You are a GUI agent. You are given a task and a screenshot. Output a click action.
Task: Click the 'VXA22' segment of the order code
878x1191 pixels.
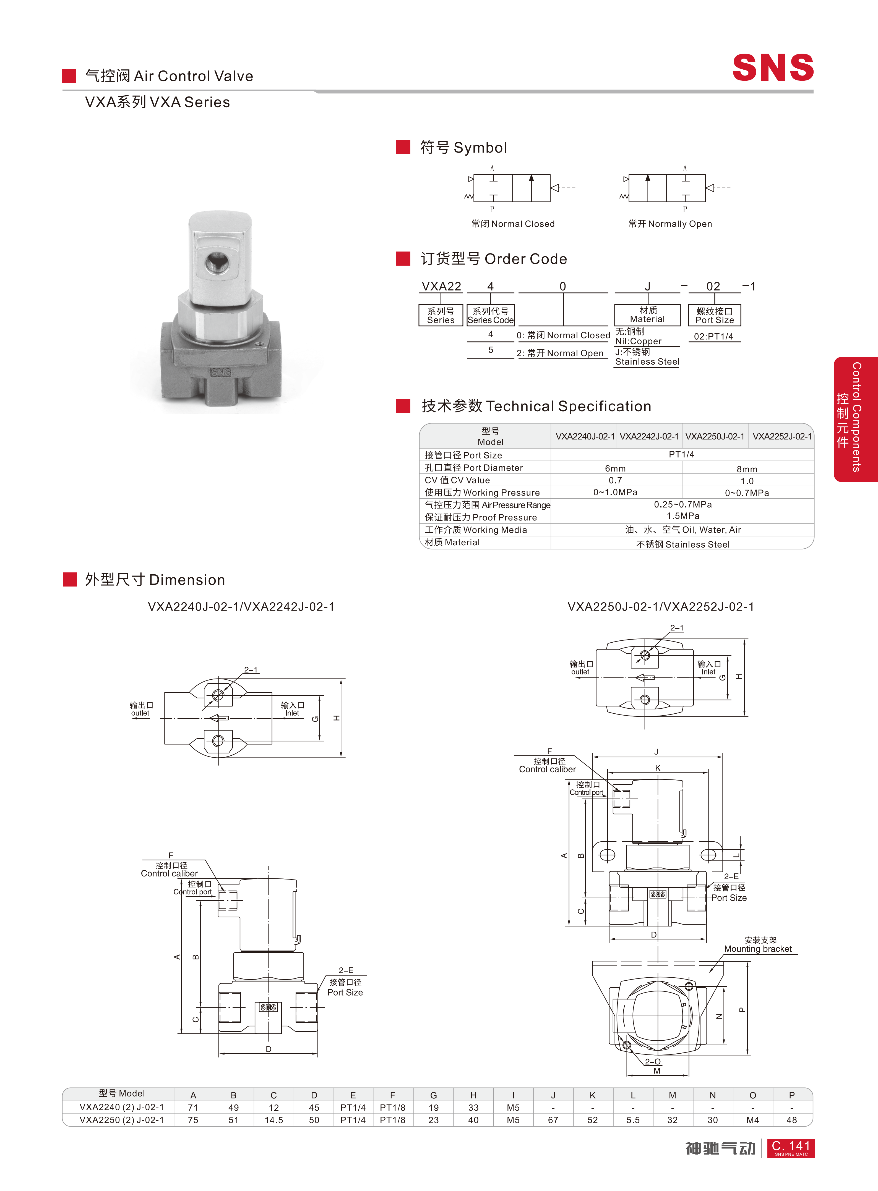pos(441,286)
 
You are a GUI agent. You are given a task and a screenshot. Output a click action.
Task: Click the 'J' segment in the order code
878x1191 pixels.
pos(647,286)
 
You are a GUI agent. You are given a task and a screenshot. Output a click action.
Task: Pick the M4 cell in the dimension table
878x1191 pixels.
pos(752,1120)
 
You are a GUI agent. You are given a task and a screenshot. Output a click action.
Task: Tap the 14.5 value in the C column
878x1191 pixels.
pos(274,1120)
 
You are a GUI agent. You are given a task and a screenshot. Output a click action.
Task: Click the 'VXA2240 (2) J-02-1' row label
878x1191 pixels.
pos(122,1107)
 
